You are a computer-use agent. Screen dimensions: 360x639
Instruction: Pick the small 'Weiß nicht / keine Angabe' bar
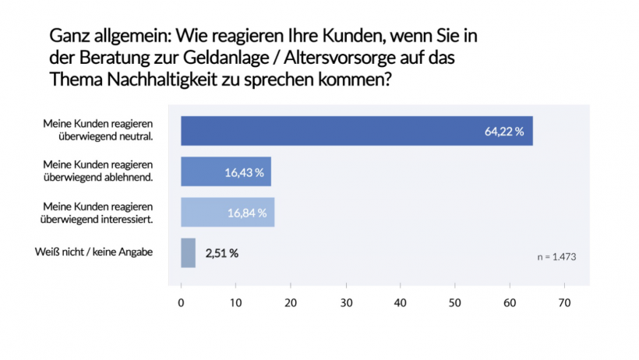pos(188,252)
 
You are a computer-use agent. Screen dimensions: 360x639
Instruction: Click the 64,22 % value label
pos(505,131)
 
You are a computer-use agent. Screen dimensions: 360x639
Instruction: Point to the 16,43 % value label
pos(245,171)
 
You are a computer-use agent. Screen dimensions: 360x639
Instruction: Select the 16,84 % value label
pos(247,212)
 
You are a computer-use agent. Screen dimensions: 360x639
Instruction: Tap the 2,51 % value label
pos(221,252)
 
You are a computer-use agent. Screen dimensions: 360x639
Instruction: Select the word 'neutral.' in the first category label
pos(136,136)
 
